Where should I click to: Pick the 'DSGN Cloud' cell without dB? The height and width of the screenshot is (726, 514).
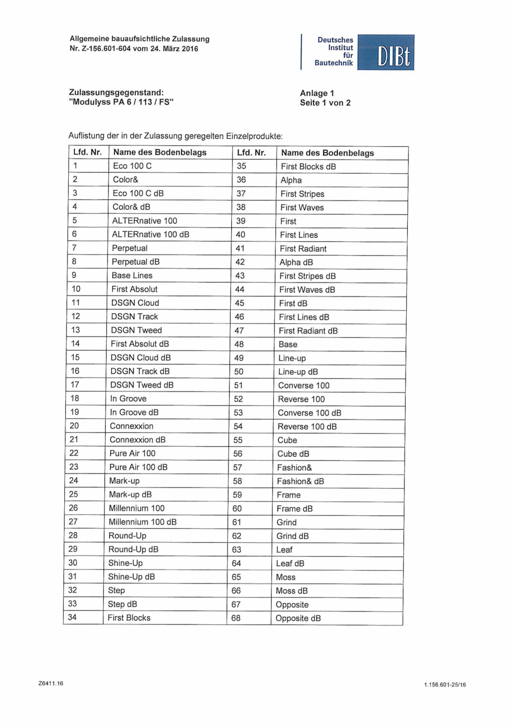135,303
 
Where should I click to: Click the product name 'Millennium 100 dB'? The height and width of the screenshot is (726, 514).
142,522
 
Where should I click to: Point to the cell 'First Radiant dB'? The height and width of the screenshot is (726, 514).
308,331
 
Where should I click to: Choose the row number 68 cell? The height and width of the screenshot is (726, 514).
236,618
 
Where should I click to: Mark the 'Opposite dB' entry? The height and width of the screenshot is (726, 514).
298,618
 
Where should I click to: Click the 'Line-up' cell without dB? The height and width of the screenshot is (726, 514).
292,358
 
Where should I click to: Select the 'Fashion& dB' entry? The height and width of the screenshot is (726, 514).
301,481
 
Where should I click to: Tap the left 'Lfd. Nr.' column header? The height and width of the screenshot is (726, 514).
87,152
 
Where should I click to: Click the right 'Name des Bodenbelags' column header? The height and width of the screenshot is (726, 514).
327,152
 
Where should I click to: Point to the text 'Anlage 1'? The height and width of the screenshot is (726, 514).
317,93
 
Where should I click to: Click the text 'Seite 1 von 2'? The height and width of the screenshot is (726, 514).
325,103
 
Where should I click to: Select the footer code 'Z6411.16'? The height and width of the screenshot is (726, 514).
51,683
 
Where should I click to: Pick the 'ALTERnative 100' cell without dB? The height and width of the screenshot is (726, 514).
144,221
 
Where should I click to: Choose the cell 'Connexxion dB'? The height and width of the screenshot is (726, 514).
137,440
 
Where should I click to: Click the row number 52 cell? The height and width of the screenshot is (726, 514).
238,399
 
